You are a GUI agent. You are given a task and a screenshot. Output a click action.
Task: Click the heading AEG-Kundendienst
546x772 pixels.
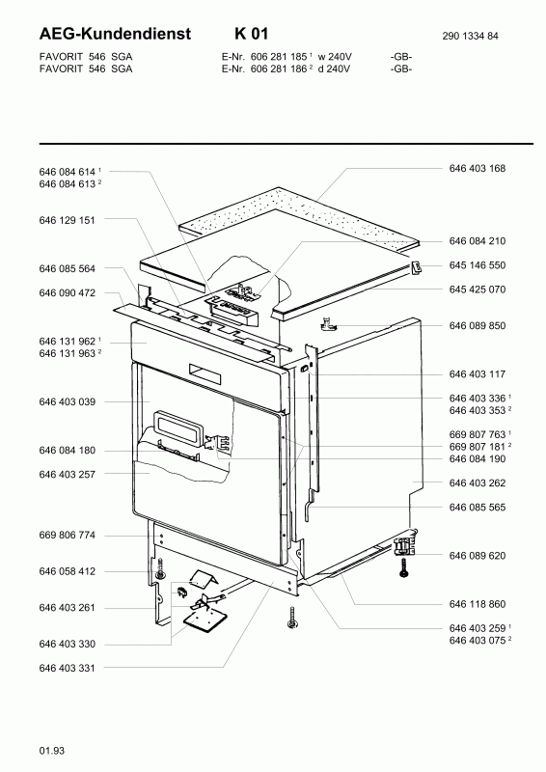click(115, 34)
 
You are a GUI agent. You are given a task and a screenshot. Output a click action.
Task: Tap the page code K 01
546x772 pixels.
click(252, 34)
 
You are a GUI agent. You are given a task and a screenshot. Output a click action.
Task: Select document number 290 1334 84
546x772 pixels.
click(470, 36)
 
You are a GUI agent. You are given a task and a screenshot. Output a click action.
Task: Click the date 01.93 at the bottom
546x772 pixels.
click(52, 751)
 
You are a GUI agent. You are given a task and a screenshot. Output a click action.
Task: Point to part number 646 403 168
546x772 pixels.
click(478, 168)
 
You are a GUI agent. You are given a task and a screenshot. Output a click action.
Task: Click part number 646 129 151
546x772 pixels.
click(67, 220)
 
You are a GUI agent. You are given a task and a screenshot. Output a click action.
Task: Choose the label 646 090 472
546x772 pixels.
click(67, 293)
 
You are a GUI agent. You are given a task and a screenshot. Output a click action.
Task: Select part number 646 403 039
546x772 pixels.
click(67, 401)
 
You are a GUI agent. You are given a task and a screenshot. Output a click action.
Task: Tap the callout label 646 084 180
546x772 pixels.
click(67, 451)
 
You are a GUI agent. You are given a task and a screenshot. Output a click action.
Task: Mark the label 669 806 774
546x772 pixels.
click(67, 536)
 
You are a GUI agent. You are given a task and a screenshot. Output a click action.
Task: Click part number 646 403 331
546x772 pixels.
click(67, 668)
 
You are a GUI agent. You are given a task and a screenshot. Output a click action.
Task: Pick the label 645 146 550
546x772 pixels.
click(478, 265)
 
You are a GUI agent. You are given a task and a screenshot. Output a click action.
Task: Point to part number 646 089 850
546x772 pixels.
click(478, 326)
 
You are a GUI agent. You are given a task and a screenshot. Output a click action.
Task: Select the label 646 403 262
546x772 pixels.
click(478, 483)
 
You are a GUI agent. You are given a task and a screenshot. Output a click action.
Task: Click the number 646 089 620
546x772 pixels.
click(478, 556)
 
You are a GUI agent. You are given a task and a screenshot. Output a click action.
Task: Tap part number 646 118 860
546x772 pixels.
click(478, 604)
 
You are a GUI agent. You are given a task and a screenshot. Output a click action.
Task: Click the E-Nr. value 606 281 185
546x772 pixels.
click(279, 57)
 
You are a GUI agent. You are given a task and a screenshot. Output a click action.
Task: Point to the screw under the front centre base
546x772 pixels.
click(292, 618)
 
